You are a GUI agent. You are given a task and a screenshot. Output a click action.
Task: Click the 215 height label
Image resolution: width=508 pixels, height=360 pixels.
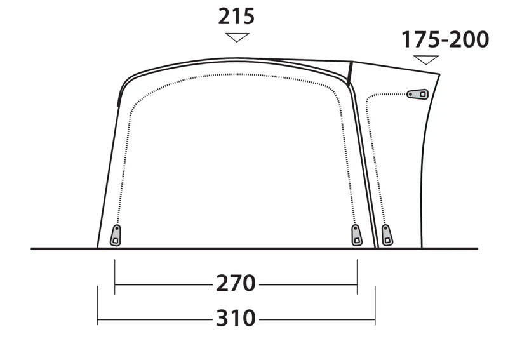pos(236,16)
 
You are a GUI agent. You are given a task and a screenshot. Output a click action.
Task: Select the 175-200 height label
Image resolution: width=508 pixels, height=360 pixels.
pos(444,39)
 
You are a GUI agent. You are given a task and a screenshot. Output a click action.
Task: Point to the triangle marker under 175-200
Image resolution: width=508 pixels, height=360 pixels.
pos(426,60)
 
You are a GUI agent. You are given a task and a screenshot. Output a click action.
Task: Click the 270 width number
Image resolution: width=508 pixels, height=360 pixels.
pos(236,283)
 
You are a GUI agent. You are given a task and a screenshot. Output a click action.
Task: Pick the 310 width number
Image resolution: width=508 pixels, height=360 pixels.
pos(236,317)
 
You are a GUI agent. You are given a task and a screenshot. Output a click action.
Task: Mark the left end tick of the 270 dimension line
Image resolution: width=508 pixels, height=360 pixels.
pos(115,277)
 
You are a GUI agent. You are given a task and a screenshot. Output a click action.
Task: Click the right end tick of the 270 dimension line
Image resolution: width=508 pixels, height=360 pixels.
pos(357,277)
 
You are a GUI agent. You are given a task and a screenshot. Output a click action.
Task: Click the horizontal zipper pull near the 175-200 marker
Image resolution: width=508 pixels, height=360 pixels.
pos(417,94)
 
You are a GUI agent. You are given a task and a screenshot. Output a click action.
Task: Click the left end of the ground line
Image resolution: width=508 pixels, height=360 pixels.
pos(32,249)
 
